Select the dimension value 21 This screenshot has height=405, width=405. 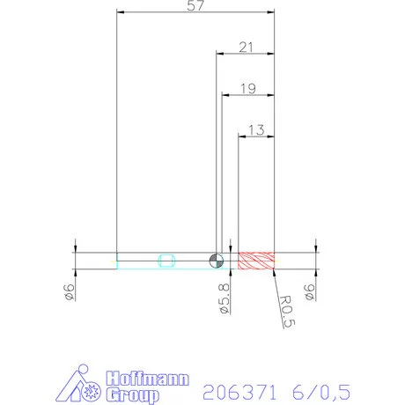tap(247, 47)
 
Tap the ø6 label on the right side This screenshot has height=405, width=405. tap(310, 292)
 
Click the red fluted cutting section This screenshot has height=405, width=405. tap(257, 260)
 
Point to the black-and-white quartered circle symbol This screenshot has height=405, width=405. tap(217, 260)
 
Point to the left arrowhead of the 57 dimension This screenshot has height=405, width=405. tap(121, 13)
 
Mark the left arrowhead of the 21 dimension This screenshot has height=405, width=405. tap(220, 55)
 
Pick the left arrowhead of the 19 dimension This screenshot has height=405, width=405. tap(225, 95)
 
